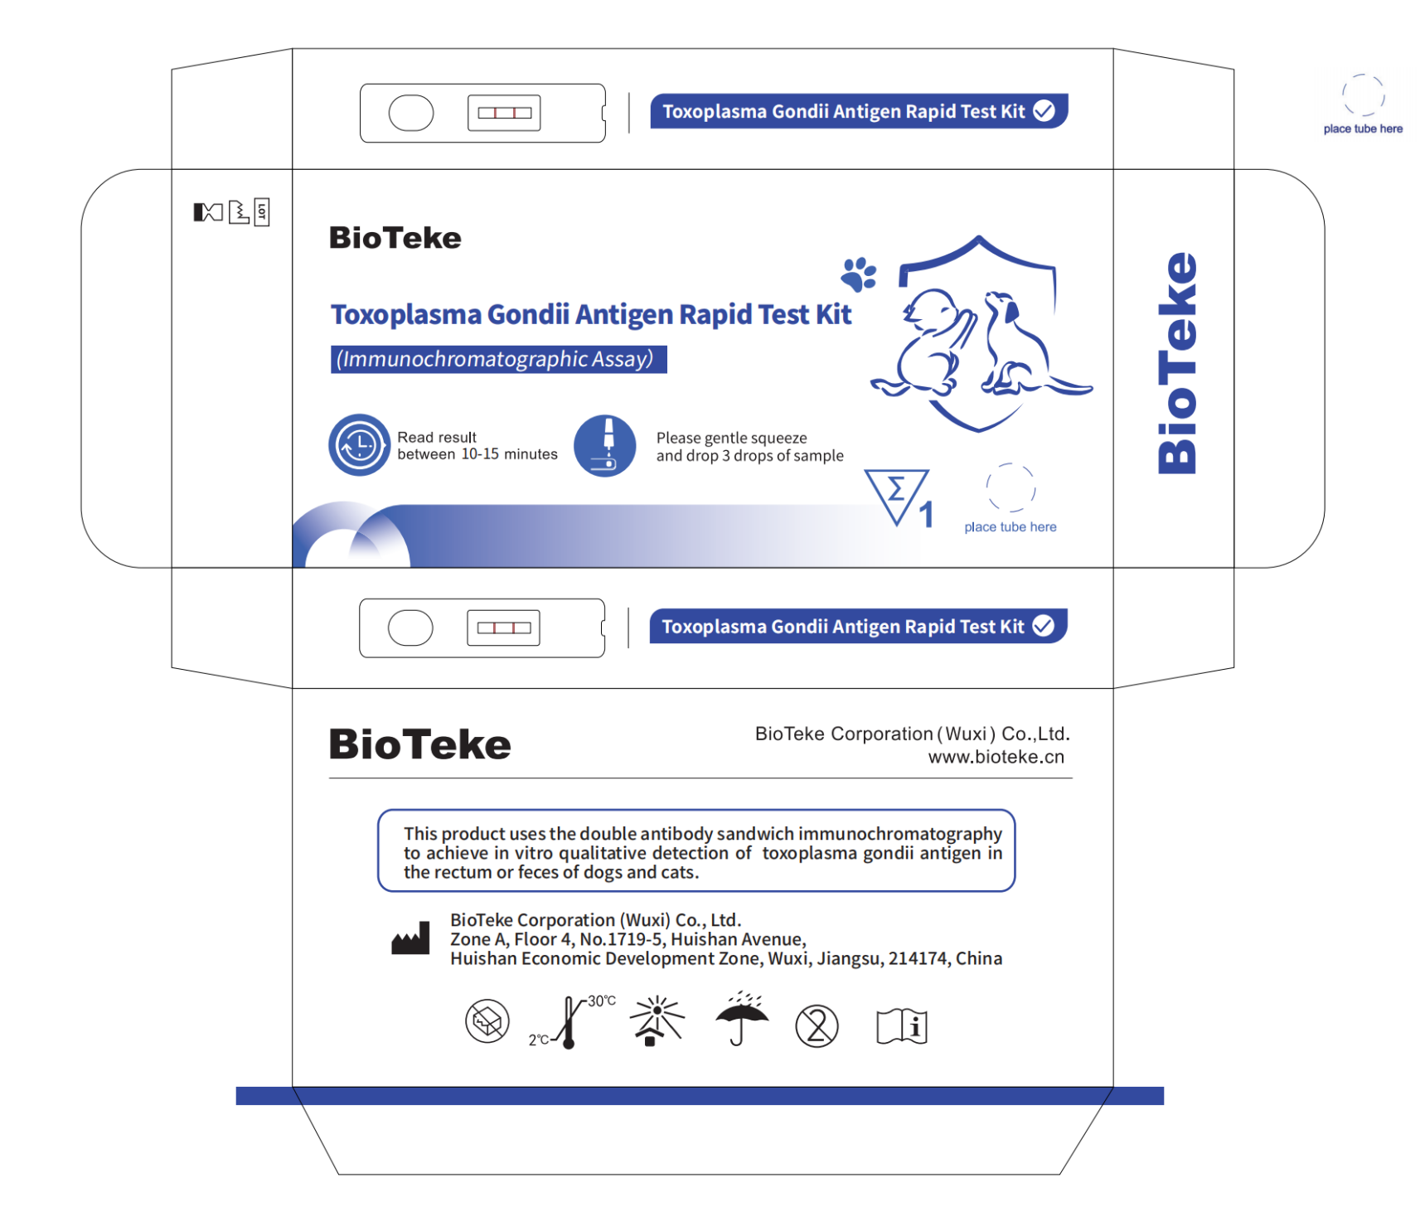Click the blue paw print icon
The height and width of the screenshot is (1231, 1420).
(x=859, y=274)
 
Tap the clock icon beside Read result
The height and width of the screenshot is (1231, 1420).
(x=359, y=445)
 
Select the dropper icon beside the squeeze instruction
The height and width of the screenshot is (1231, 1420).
(x=605, y=446)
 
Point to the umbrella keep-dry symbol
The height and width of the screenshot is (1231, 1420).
(x=742, y=1019)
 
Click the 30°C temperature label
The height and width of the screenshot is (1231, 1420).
(x=602, y=1001)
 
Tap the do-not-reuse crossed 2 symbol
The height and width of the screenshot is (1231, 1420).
(x=817, y=1026)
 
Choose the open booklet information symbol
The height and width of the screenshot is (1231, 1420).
(x=902, y=1026)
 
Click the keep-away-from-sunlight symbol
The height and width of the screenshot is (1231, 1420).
(x=657, y=1020)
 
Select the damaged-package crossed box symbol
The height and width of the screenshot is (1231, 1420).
(x=487, y=1021)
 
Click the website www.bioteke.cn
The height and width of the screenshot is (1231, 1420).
(x=996, y=757)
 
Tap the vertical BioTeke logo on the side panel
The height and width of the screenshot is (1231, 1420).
(x=1177, y=363)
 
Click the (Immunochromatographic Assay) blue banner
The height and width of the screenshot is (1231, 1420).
(x=498, y=359)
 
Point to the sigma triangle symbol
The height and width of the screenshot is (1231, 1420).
(x=896, y=494)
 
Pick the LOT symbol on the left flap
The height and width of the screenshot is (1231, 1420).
(x=262, y=212)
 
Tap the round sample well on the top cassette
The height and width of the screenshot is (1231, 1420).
(x=411, y=113)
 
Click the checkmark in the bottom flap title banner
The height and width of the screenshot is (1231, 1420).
(x=1044, y=626)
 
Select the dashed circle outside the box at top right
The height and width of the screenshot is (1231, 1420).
(x=1363, y=95)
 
